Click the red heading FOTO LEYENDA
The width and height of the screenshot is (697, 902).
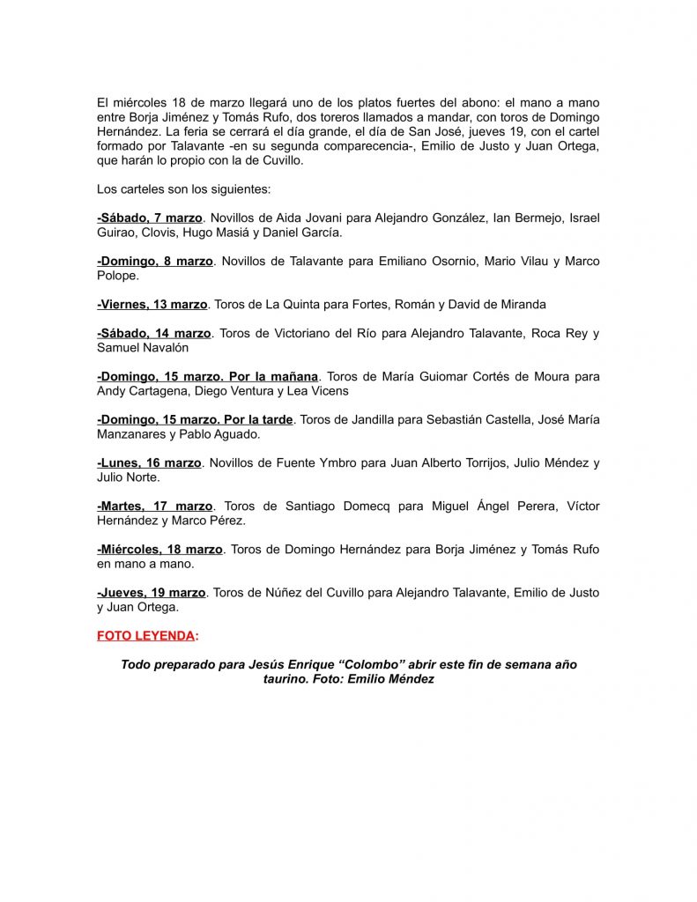[x=146, y=635]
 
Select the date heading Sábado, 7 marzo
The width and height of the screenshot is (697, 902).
[x=151, y=218]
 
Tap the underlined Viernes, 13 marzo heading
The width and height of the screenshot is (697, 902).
[x=152, y=304]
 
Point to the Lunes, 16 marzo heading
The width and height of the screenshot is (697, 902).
[x=150, y=462]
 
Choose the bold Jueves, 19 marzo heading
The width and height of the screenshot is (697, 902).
[x=152, y=592]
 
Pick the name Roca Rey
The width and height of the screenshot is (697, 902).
[x=558, y=333]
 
